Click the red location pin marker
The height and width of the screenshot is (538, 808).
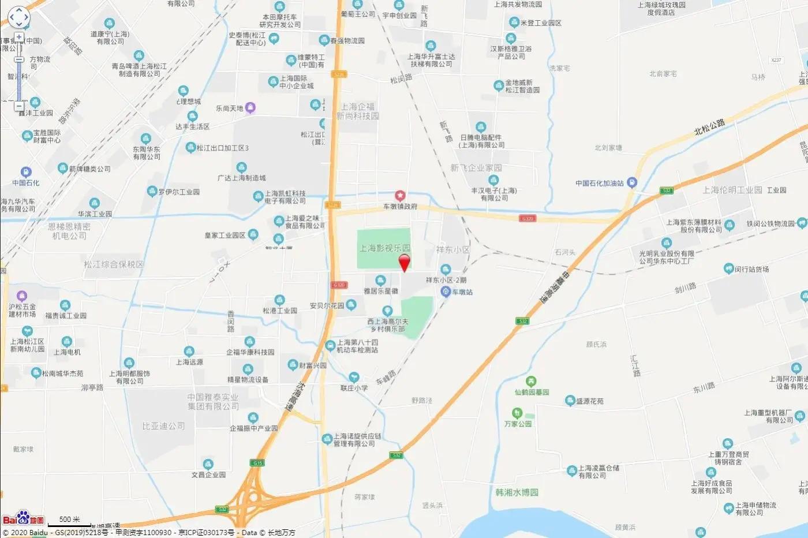point(405,261)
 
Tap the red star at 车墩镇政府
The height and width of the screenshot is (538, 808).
point(399,196)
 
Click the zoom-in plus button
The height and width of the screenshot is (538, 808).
point(19,38)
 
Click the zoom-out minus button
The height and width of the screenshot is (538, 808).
point(19,106)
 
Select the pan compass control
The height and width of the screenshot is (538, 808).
point(18,17)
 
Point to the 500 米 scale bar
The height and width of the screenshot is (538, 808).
point(69,522)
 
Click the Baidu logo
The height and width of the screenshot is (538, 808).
point(23,518)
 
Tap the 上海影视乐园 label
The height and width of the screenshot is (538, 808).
point(384,248)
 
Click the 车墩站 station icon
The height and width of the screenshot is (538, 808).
point(446,292)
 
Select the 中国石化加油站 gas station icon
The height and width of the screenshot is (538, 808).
point(632,184)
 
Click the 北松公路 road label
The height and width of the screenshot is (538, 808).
point(709,127)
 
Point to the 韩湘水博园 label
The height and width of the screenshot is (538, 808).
point(517,492)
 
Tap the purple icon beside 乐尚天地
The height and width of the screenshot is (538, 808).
point(250,107)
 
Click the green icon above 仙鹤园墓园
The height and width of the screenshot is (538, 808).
point(531,382)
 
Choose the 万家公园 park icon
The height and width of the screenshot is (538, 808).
point(517,413)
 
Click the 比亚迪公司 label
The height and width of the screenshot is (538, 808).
point(163,426)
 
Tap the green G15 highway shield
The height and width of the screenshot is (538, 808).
point(257,463)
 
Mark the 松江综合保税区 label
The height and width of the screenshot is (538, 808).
point(113,264)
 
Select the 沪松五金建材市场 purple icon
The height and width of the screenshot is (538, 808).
point(22,296)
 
